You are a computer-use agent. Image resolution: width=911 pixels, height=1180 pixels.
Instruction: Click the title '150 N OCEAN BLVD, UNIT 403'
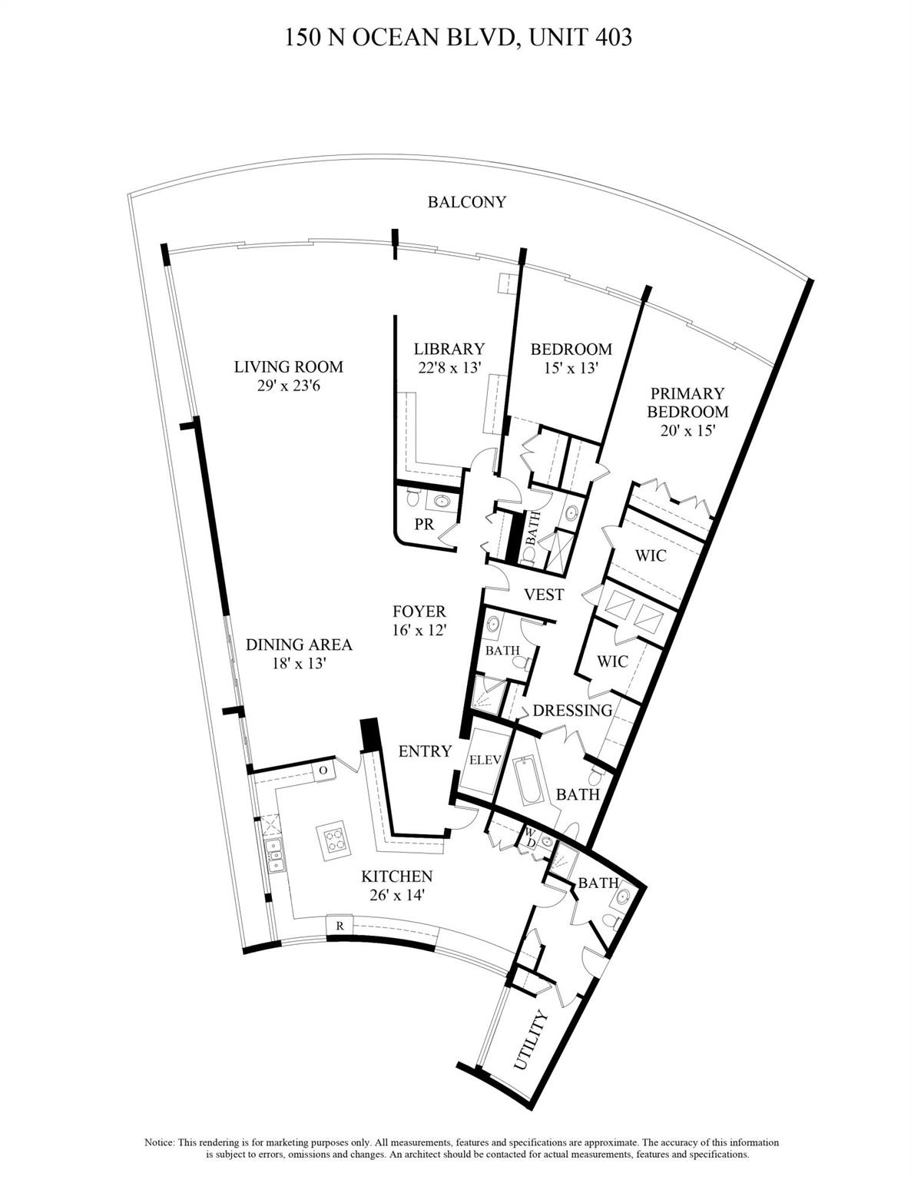pos(459,37)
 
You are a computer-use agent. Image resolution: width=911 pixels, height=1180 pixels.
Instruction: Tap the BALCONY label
pos(466,202)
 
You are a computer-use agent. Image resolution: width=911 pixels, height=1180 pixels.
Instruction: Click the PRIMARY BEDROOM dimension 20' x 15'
pos(687,431)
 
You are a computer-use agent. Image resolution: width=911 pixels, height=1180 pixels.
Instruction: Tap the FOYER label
pos(419,612)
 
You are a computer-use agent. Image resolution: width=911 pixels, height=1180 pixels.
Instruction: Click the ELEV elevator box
pos(485,760)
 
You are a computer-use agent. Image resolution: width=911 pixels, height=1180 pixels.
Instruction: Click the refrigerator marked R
pos(339,926)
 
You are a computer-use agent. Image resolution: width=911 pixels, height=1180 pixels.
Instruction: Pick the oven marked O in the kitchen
pos(323,770)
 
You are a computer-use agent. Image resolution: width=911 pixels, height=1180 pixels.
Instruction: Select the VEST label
pos(543,595)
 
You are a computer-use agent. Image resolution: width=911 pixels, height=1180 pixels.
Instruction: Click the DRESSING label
pos(572,710)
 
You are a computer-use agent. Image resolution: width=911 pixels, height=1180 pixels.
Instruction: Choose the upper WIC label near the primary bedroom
pos(650,555)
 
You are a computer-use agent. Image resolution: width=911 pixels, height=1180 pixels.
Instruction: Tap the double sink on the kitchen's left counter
pos(273,854)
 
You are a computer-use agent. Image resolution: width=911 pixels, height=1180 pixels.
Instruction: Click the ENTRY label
pos(424,751)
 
